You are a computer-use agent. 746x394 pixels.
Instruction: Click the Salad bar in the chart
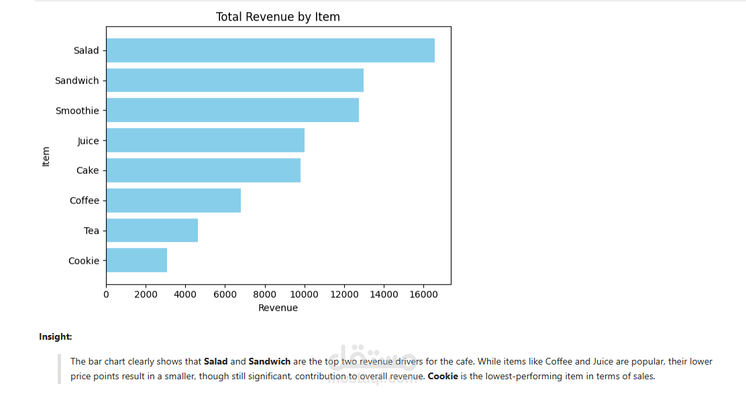click(x=270, y=50)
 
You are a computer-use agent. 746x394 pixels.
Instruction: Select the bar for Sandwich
click(x=235, y=80)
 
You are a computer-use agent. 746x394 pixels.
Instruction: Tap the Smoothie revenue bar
click(x=232, y=111)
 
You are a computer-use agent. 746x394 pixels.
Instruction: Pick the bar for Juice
click(x=205, y=141)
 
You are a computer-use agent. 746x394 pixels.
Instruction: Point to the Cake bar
click(x=203, y=170)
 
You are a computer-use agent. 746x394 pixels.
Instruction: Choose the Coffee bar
click(x=173, y=200)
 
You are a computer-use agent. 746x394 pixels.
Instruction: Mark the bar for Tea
click(x=152, y=231)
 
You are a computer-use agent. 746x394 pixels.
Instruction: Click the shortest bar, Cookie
click(x=136, y=261)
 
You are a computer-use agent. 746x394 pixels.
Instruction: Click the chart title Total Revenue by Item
click(x=278, y=17)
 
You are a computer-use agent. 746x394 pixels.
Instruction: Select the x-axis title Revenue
click(x=278, y=308)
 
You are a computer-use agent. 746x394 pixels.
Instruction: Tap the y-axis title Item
click(x=46, y=156)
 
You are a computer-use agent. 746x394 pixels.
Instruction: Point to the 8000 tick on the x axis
click(x=265, y=294)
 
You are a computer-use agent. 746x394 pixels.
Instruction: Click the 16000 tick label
click(x=423, y=294)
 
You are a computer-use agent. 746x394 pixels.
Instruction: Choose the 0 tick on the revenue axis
click(x=106, y=294)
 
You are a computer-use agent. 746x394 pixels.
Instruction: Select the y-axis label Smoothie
click(x=77, y=111)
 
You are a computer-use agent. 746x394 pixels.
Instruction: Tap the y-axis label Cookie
click(x=83, y=261)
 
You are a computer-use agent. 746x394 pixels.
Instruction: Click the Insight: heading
click(x=56, y=336)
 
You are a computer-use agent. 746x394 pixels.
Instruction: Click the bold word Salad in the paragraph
click(x=215, y=362)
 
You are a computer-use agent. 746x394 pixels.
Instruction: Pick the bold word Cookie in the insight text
click(x=443, y=377)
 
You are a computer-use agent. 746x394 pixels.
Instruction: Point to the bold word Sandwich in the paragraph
click(x=269, y=362)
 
